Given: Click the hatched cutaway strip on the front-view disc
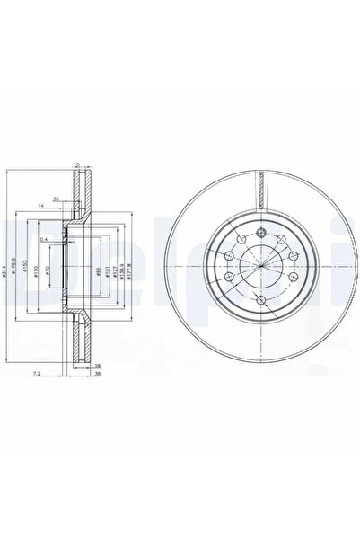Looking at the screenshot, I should click(258, 190).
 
